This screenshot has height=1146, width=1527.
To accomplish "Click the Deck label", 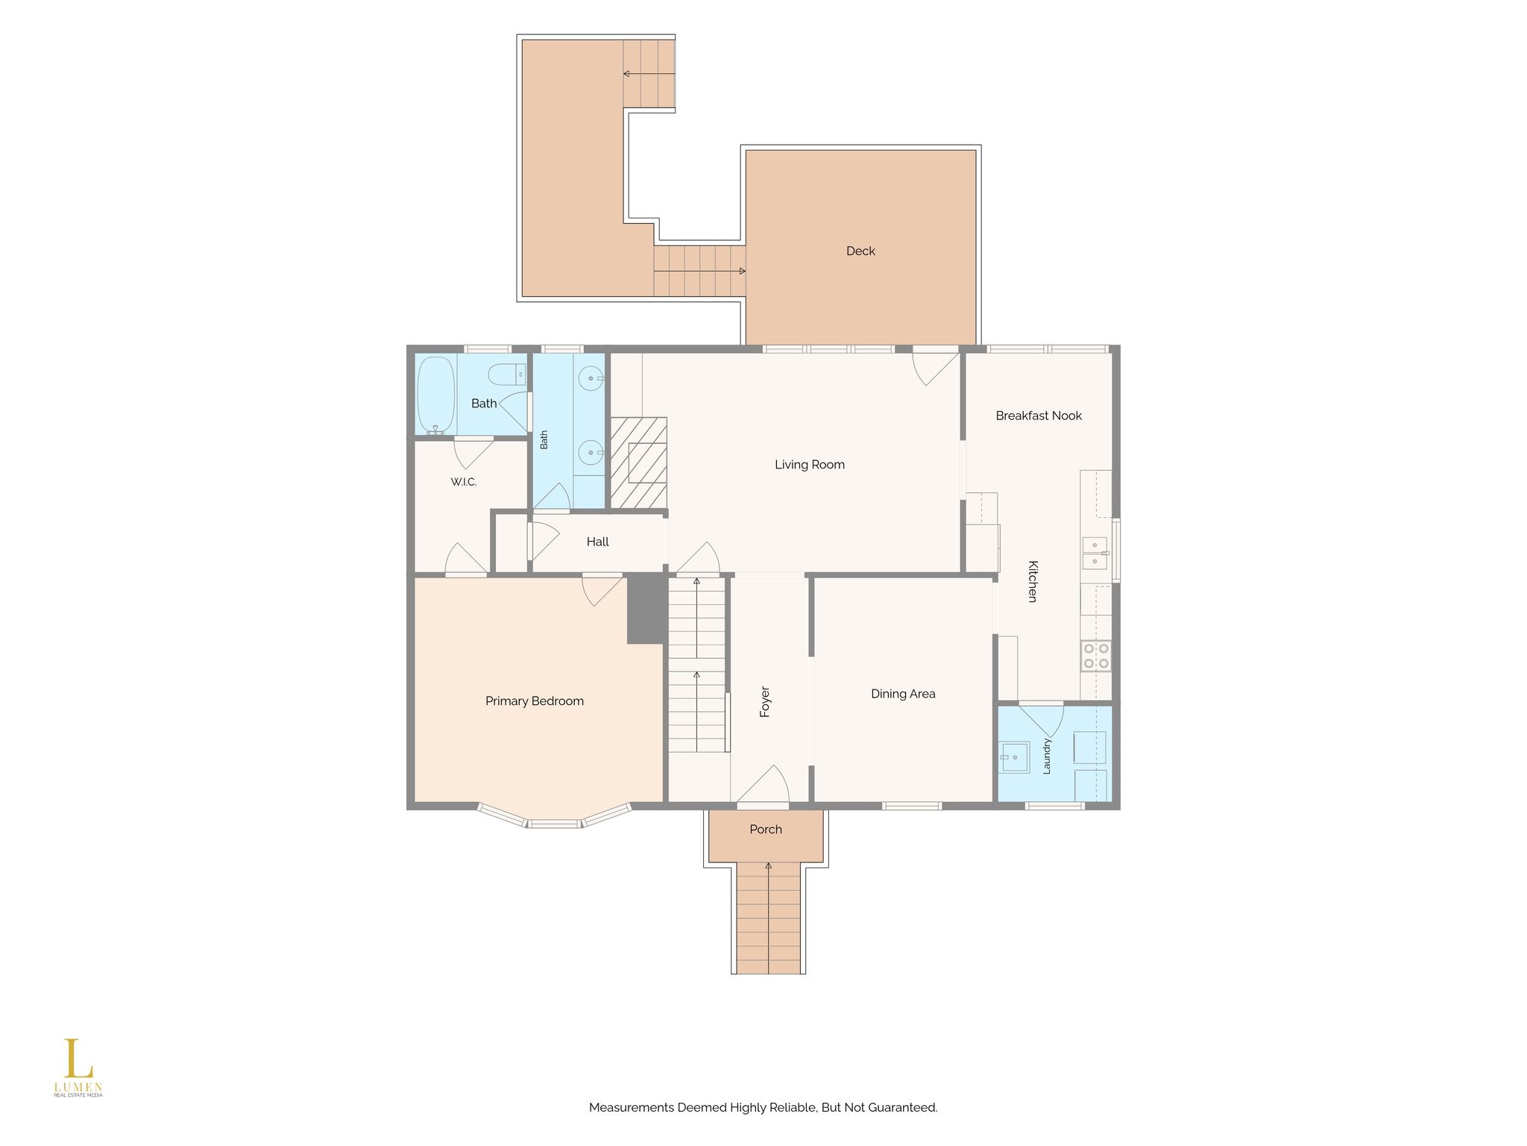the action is tap(860, 251).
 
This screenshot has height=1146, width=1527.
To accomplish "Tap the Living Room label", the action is tap(810, 465).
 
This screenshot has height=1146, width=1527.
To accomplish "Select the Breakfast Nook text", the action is tap(1039, 416).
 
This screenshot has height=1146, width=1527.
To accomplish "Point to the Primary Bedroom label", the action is tap(535, 701).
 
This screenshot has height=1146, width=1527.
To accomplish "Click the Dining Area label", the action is tap(903, 694).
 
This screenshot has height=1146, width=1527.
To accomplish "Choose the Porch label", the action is tap(766, 830).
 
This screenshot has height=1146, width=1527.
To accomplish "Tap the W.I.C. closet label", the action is tap(464, 483).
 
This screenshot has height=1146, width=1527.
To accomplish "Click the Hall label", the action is tap(598, 542).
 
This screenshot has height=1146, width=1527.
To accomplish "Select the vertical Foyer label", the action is tap(765, 702).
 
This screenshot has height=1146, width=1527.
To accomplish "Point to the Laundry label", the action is tap(1047, 757).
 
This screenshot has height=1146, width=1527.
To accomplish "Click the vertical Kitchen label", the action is tap(1033, 581).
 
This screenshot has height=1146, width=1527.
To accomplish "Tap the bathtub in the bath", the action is tap(435, 395).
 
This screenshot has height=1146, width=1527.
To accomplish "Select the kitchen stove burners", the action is tap(1096, 656).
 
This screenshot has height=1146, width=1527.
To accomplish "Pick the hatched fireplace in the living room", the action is tap(639, 463).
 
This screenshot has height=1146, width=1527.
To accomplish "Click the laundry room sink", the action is tap(1014, 757).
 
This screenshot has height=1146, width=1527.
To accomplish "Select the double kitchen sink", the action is tap(1095, 553).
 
